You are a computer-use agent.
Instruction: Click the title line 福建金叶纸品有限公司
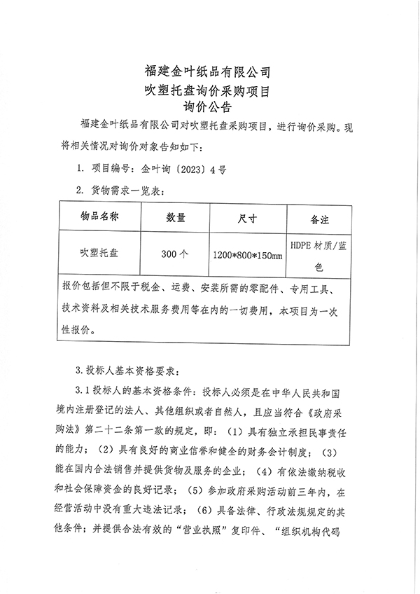[207, 71]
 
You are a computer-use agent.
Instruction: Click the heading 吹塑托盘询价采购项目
[207, 90]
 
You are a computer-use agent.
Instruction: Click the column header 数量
[175, 217]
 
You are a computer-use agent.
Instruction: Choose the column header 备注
[319, 219]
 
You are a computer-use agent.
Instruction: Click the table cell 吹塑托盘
[99, 253]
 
